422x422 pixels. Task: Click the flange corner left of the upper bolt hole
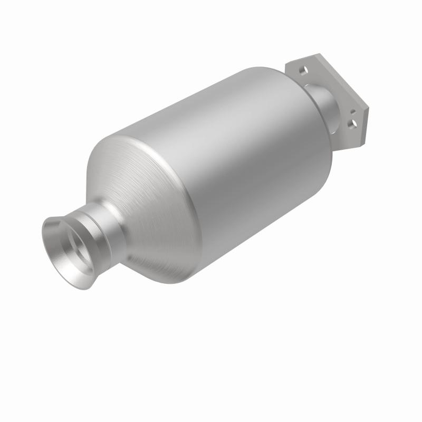click(287, 65)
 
